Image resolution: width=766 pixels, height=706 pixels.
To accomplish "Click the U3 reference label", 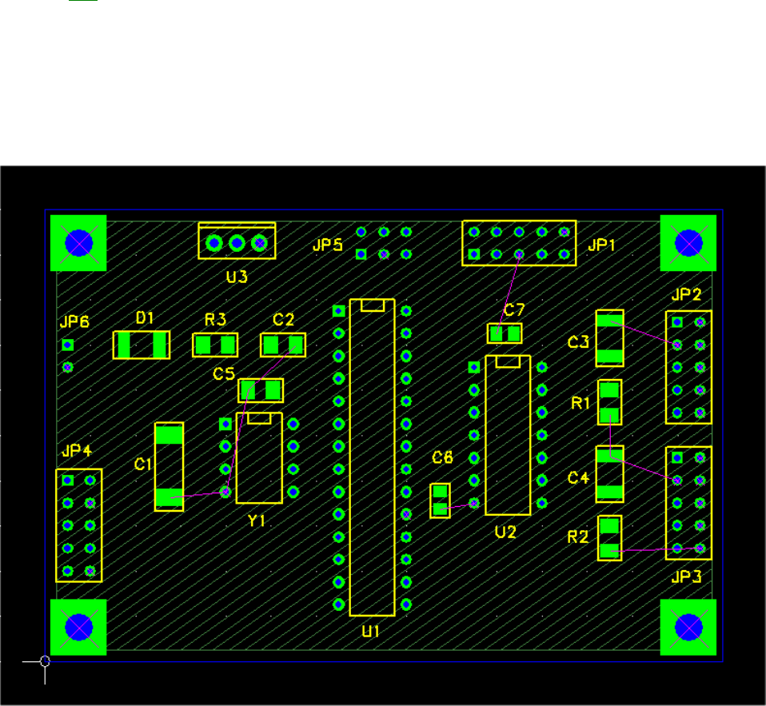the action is click(237, 277).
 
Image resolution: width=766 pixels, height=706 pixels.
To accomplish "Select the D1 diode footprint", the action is click(142, 345).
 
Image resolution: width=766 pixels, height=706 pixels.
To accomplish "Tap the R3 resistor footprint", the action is click(216, 345).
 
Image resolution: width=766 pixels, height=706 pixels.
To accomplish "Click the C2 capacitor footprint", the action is click(283, 345).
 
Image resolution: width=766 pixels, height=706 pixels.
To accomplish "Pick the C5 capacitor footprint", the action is click(261, 390).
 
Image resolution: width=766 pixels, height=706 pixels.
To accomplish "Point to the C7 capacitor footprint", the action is click(505, 333).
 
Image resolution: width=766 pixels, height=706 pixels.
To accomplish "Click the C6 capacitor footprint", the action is click(440, 501).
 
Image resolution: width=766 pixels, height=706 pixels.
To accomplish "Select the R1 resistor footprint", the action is click(610, 402).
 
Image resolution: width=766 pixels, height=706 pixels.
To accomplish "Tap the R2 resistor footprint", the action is click(610, 538).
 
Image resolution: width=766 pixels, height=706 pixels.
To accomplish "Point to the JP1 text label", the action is click(601, 245).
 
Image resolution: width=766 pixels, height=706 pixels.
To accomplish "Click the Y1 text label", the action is click(256, 521).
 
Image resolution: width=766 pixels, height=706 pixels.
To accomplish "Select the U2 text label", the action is click(505, 531).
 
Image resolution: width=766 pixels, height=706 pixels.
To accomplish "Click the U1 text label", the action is click(370, 632).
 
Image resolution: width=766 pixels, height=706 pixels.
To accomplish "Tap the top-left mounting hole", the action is click(78, 243).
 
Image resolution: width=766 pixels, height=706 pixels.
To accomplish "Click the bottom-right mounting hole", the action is click(688, 627).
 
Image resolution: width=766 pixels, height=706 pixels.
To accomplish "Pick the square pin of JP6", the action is click(68, 345).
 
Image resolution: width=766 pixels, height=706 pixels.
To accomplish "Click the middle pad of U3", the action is click(236, 242).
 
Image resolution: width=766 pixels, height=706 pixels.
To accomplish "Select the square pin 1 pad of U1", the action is click(338, 310).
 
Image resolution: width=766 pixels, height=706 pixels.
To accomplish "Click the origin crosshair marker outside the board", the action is click(45, 661).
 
